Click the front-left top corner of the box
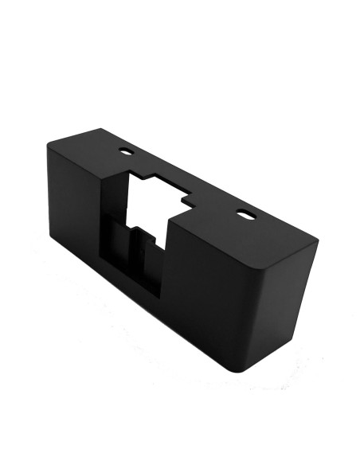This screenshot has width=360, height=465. tap(48, 144)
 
